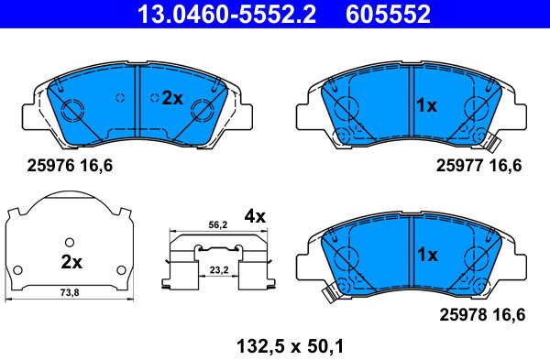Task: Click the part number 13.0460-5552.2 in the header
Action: [x=226, y=14]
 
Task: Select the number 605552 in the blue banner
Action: [x=388, y=14]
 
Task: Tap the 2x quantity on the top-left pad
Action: [x=172, y=99]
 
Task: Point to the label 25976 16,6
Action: [x=70, y=165]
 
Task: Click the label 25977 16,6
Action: [x=478, y=165]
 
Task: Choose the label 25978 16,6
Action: [x=482, y=314]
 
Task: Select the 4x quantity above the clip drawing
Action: [x=255, y=216]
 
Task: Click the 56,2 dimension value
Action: [x=218, y=225]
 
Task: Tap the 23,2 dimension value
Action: [x=219, y=270]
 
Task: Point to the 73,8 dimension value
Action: [x=70, y=292]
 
